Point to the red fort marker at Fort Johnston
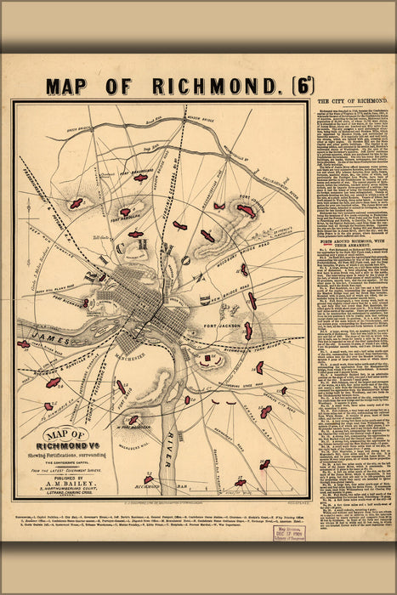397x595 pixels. [245, 210]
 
